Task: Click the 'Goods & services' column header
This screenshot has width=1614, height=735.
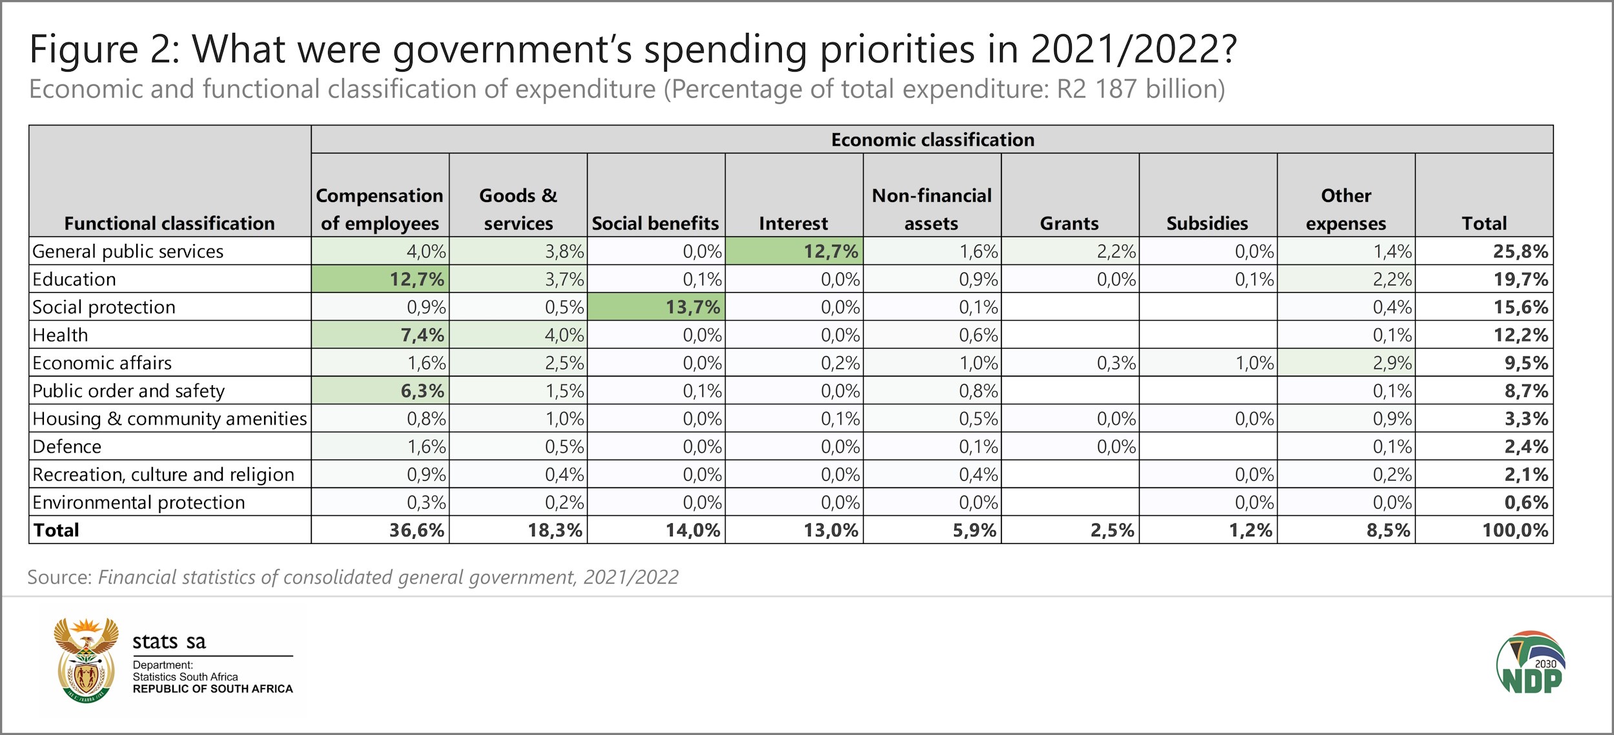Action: [x=518, y=209]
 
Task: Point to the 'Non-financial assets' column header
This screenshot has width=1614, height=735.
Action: [x=932, y=209]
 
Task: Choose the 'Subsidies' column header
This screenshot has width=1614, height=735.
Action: [x=1207, y=223]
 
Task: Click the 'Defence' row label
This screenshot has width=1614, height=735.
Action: [x=67, y=447]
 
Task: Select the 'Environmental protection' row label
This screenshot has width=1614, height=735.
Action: [x=139, y=502]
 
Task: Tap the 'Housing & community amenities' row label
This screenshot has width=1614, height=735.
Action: [x=170, y=419]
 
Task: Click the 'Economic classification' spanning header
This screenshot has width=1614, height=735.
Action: [x=932, y=139]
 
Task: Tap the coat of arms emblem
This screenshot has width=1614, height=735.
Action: [x=86, y=659]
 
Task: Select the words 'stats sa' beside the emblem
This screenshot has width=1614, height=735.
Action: [x=169, y=641]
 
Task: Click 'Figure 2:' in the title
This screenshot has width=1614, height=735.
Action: [x=105, y=49]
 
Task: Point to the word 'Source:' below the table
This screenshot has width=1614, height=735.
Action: [x=60, y=577]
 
